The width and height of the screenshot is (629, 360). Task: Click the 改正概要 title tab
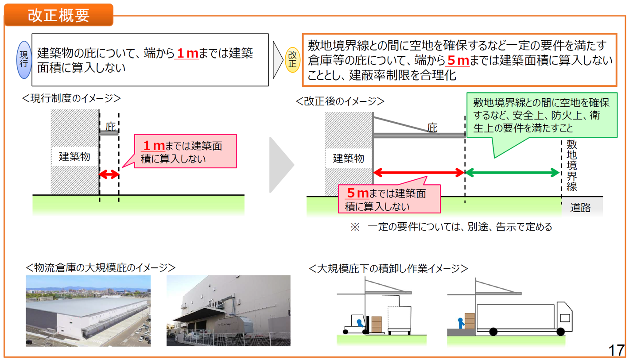(x=58, y=15)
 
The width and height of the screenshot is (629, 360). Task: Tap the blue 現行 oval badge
(x=24, y=60)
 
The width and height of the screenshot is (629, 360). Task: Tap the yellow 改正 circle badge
(x=292, y=60)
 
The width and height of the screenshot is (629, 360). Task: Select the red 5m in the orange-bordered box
(x=456, y=60)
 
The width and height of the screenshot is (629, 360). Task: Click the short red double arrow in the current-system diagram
(x=109, y=174)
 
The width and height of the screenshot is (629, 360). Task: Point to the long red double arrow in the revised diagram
(x=419, y=173)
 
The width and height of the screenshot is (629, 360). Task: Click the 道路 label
(x=580, y=208)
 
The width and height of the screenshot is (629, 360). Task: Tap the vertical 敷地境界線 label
(x=571, y=165)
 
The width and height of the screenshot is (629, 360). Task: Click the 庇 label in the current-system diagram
(x=110, y=126)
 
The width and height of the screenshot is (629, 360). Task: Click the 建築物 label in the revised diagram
(x=349, y=158)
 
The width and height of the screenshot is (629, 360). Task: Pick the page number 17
(x=616, y=350)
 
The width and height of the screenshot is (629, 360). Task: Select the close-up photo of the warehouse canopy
(x=228, y=310)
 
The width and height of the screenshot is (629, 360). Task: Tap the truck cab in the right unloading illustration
(x=563, y=317)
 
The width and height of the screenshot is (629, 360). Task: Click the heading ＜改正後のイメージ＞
(x=340, y=101)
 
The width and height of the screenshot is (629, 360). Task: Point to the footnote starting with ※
(x=452, y=227)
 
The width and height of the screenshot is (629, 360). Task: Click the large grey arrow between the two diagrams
(x=281, y=165)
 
